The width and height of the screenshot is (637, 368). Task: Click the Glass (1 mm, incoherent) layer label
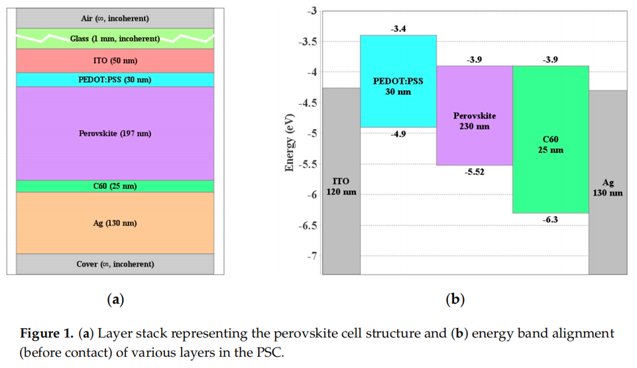pyautogui.click(x=115, y=39)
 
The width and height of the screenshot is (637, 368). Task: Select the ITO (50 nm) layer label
pyautogui.click(x=115, y=60)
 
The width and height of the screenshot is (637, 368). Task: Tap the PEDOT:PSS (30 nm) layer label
pyautogui.click(x=115, y=80)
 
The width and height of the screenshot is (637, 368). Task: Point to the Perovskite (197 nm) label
pyautogui.click(x=115, y=133)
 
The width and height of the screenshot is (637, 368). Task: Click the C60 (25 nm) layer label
pyautogui.click(x=115, y=186)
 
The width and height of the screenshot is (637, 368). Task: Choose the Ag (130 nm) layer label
pyautogui.click(x=115, y=223)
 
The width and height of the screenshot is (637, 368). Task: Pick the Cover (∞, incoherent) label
pyautogui.click(x=115, y=264)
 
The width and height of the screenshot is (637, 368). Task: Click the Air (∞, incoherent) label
pyautogui.click(x=115, y=18)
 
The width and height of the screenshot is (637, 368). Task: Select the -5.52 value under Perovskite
pyautogui.click(x=474, y=172)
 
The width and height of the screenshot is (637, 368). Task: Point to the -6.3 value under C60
pyautogui.click(x=550, y=219)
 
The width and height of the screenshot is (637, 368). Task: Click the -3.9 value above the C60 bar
pyautogui.click(x=550, y=60)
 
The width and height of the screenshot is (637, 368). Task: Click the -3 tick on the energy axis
pyautogui.click(x=312, y=11)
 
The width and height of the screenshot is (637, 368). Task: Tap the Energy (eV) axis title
pyautogui.click(x=290, y=142)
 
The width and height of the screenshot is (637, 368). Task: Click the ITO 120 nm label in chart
pyautogui.click(x=341, y=186)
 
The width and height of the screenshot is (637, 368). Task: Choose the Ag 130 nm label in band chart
pyautogui.click(x=607, y=188)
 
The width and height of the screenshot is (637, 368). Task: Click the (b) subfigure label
pyautogui.click(x=455, y=300)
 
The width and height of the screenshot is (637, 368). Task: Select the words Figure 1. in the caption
pyautogui.click(x=46, y=334)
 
